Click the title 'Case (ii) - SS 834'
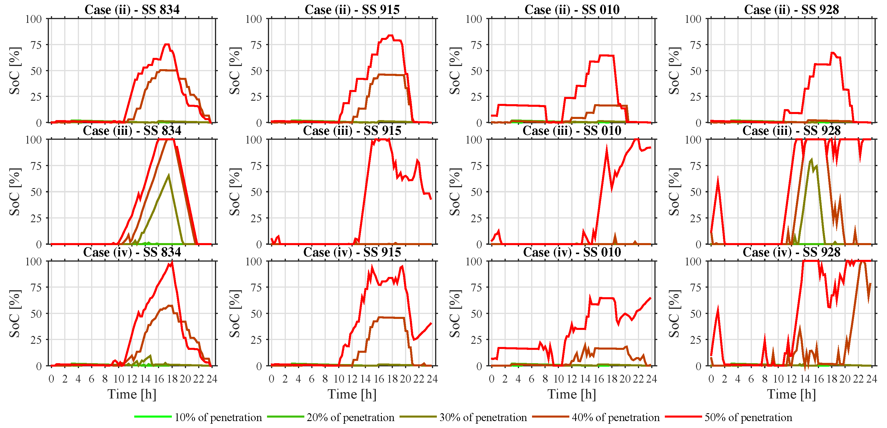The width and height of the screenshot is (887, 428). [132, 10]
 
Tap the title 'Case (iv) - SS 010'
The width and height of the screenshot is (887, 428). [572, 252]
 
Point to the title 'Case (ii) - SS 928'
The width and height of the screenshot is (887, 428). [791, 10]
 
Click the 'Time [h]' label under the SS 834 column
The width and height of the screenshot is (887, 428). [132, 394]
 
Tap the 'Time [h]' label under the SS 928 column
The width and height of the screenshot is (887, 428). [791, 394]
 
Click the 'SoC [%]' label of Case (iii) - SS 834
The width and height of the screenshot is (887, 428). [15, 192]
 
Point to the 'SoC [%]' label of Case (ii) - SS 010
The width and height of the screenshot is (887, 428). [455, 71]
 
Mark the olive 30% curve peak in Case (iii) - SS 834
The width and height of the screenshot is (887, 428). [168, 175]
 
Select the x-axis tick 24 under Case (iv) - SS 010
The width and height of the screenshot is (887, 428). [651, 379]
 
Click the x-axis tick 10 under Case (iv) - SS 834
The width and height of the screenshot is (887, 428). [118, 379]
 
